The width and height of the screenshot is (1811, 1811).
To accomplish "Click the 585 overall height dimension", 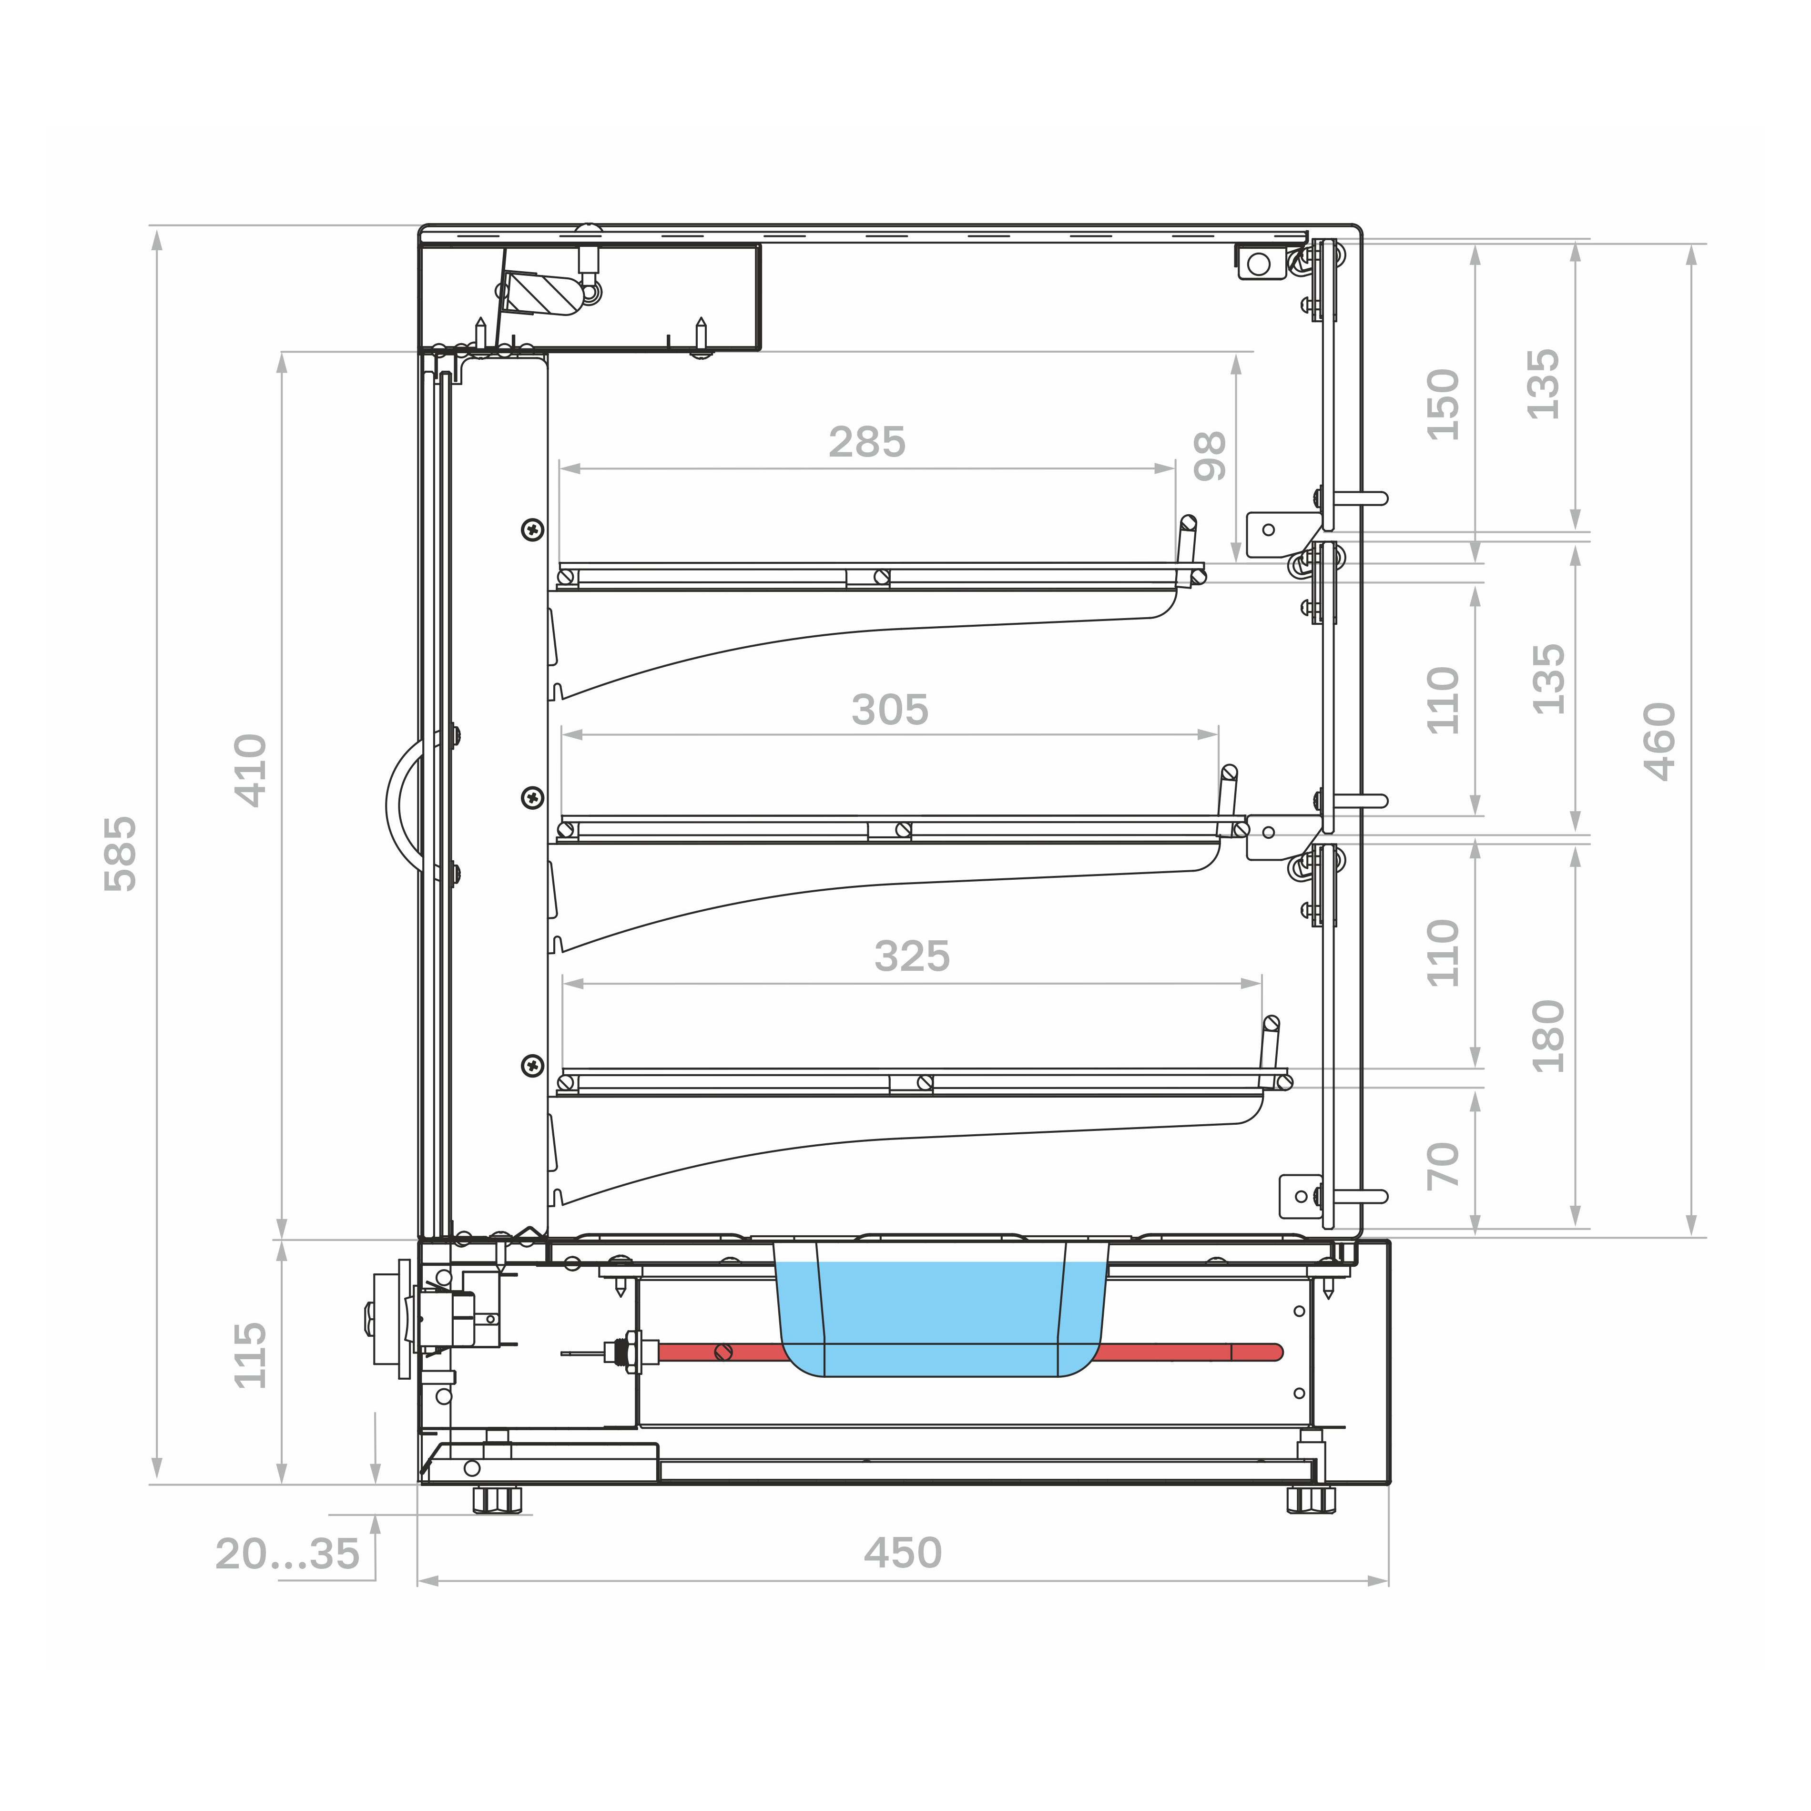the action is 121,853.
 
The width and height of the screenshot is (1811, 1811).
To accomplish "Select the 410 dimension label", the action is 250,771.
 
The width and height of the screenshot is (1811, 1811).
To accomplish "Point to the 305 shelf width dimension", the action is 890,710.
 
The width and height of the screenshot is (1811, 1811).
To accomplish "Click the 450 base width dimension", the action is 903,1553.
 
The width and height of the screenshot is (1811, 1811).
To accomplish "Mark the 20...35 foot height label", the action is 287,1553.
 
